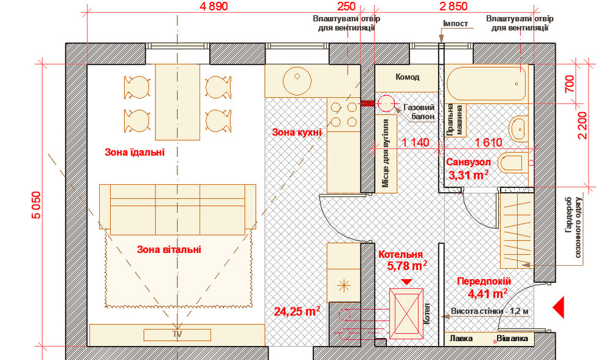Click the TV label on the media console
[177, 334]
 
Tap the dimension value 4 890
[213, 6]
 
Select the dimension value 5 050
[36, 205]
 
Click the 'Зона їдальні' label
[135, 152]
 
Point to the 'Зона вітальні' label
[169, 249]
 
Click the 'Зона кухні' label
[297, 132]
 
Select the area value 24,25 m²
[297, 311]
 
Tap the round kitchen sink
[297, 81]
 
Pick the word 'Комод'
[408, 77]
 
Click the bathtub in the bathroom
[486, 83]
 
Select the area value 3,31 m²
[468, 175]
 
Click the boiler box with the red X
[406, 313]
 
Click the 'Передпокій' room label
[484, 281]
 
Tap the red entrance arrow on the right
[559, 307]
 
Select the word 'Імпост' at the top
[455, 23]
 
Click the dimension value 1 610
[488, 142]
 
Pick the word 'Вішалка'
[512, 339]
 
